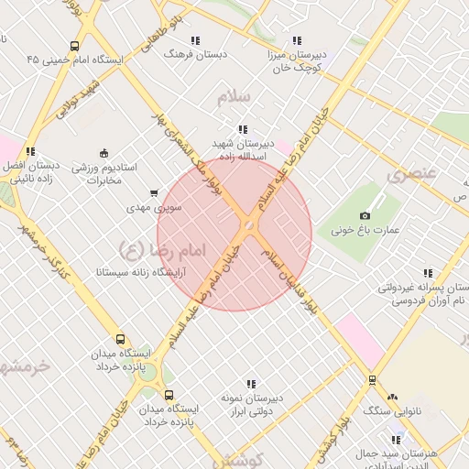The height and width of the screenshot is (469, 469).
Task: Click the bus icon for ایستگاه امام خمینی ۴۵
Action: (73, 45)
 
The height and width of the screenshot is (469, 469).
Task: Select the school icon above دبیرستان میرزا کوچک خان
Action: (296, 40)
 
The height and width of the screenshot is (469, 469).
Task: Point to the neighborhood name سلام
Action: (234, 96)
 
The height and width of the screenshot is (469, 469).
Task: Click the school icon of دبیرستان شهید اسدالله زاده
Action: (242, 129)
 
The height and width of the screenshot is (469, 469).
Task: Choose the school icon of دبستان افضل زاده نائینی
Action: (30, 152)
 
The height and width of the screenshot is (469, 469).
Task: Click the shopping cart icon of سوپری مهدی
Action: (153, 193)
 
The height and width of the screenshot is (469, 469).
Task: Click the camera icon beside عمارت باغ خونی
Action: (365, 214)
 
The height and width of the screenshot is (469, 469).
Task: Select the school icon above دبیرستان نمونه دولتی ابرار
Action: (250, 384)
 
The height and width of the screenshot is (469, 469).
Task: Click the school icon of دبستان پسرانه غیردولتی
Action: (427, 272)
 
